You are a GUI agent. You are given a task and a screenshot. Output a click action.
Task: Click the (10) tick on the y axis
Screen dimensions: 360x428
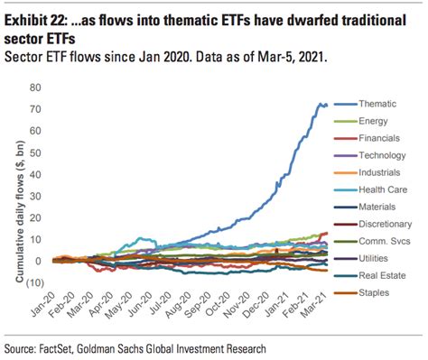coord(35,281)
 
